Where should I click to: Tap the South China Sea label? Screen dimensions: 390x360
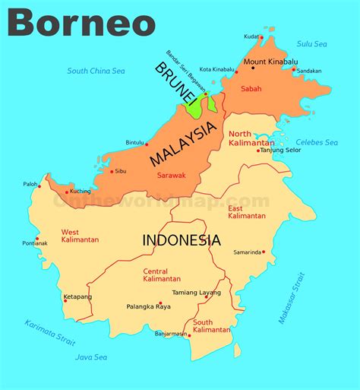[96, 71]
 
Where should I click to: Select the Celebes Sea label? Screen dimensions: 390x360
[317, 142]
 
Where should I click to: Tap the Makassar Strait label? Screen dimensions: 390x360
[292, 298]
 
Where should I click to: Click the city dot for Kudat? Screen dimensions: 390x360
[261, 36]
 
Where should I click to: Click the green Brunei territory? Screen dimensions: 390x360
[194, 106]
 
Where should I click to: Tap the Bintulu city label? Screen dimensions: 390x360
[134, 142]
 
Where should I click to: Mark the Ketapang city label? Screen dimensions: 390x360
[76, 296]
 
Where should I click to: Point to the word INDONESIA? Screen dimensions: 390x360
[182, 240]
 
